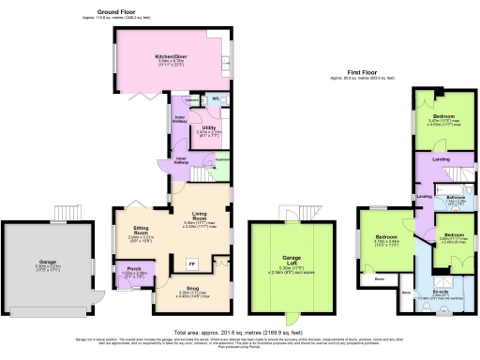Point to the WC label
215,97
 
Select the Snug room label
190,292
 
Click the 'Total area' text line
240,331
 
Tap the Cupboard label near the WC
190,97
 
